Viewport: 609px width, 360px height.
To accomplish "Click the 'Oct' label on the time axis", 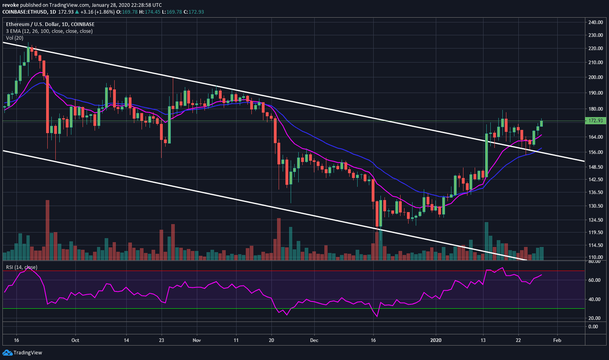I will point(75,340).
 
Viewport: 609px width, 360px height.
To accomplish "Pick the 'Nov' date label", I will point(196,340).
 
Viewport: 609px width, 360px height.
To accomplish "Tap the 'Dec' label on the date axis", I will point(314,340).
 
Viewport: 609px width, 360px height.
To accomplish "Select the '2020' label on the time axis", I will point(435,340).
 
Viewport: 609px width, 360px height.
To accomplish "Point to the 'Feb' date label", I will point(557,340).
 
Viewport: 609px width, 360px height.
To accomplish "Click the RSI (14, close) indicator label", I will point(21,267).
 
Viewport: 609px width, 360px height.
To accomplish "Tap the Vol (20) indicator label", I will point(14,38).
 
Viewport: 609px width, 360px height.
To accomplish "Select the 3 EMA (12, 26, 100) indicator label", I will point(49,31).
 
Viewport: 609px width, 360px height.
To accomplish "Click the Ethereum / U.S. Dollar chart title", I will point(50,24).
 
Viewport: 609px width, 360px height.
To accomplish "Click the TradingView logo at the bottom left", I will point(22,353).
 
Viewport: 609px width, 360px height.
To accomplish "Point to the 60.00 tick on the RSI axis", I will point(595,280).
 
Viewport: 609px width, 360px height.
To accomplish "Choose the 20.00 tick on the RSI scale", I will point(595,318).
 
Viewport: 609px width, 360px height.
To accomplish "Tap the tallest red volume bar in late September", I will point(47,230).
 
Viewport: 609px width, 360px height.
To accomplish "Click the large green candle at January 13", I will point(486,155).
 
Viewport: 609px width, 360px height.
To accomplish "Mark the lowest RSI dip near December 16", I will point(377,316).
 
